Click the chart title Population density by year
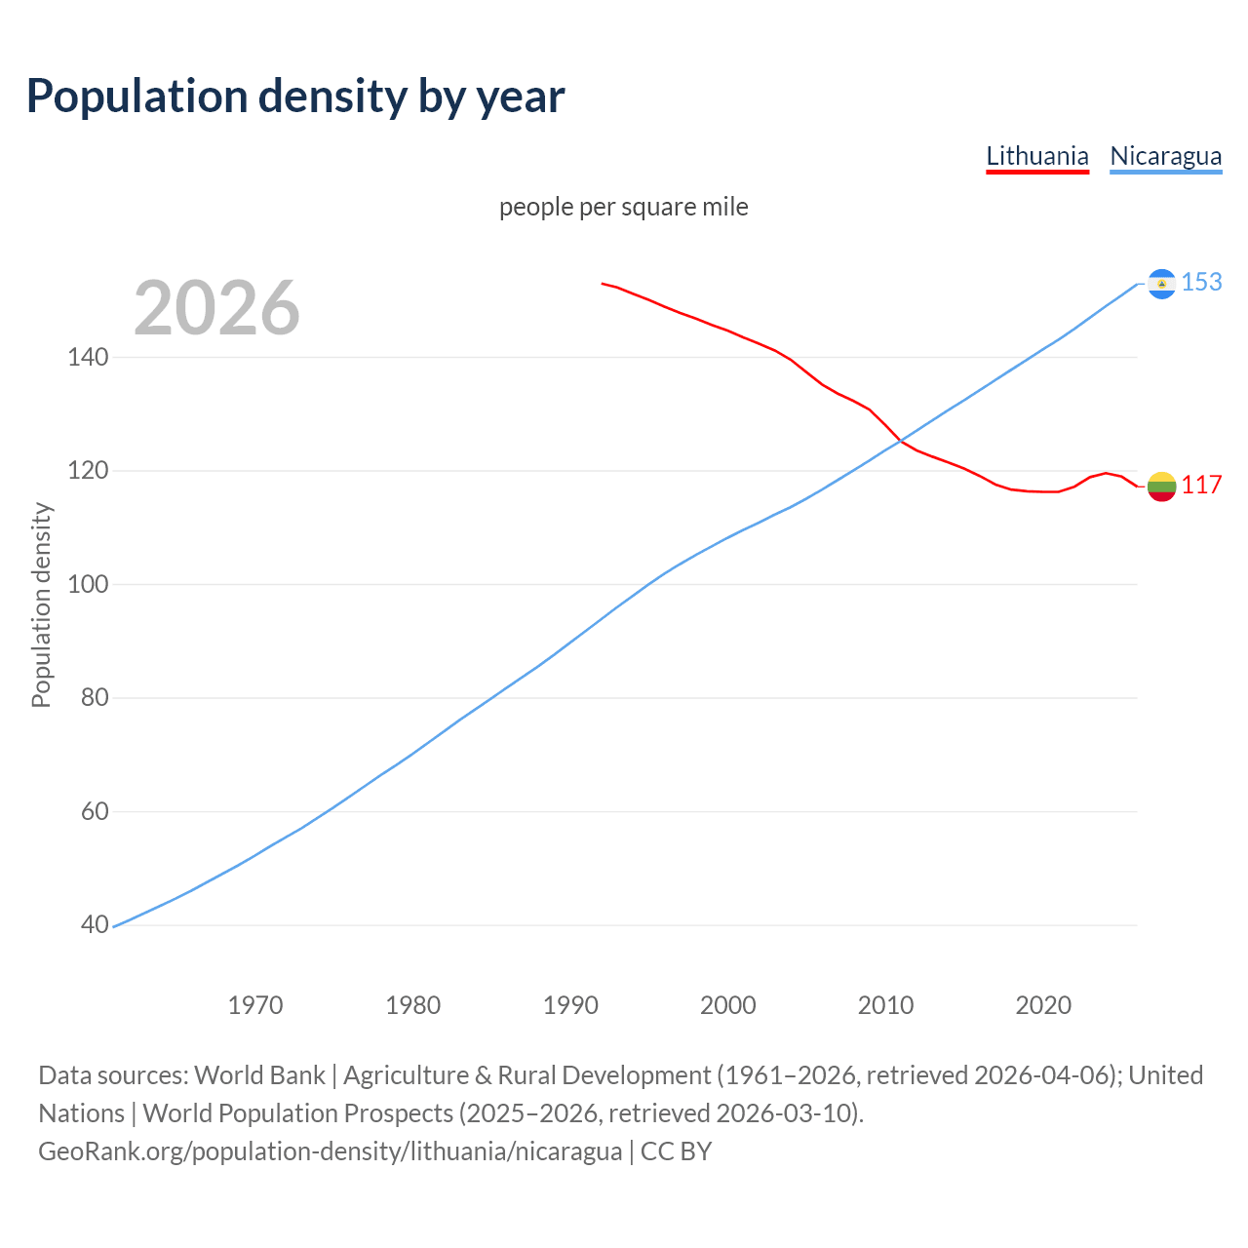click(295, 97)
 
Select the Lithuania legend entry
click(1036, 157)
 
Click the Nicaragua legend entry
click(1165, 157)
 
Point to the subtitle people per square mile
click(623, 207)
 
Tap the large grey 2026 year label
click(216, 308)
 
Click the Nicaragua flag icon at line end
click(1161, 283)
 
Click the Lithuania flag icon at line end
click(1161, 486)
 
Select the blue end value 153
click(1201, 283)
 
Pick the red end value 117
click(1201, 486)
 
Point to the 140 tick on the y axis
click(88, 358)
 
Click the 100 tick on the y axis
click(88, 585)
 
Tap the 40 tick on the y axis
click(95, 925)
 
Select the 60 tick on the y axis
click(95, 812)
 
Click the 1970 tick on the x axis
click(255, 1005)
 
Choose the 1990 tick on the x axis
click(570, 1005)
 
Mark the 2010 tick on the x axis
click(885, 1005)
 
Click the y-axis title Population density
click(41, 604)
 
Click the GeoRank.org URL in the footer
click(330, 1151)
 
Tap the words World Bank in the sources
click(259, 1075)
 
